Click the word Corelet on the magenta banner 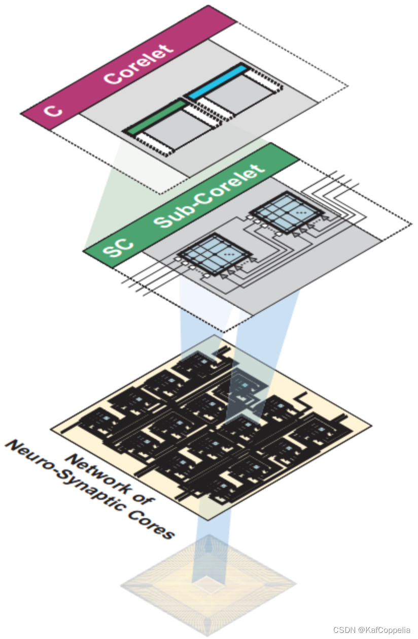138,65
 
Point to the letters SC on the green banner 118,245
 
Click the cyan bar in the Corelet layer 218,80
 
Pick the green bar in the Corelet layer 155,116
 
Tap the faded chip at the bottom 208,584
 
